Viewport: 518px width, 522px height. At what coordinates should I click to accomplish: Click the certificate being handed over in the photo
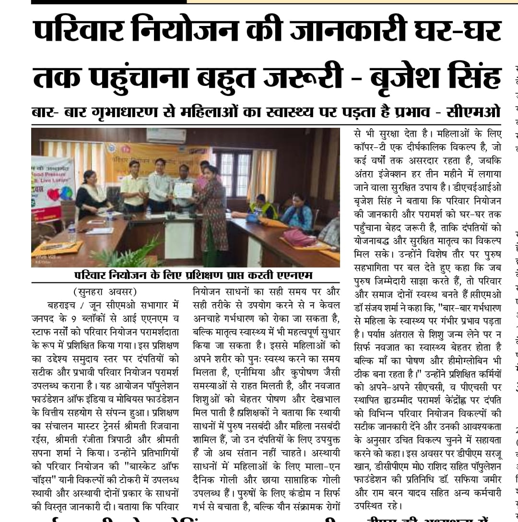click(183, 190)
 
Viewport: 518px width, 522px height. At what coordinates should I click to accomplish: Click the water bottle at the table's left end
click(72, 232)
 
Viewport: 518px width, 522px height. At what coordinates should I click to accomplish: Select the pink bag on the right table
click(298, 236)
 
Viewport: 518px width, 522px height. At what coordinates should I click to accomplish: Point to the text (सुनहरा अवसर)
click(105, 291)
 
